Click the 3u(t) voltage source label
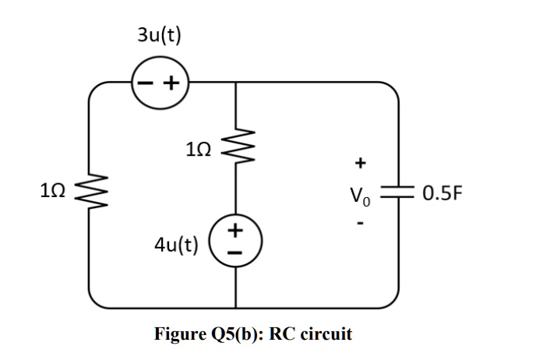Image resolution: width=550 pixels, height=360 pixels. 159,35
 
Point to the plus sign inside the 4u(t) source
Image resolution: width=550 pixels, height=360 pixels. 235,230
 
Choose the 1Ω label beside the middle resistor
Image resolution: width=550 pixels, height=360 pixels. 199,146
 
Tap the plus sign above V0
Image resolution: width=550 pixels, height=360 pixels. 359,163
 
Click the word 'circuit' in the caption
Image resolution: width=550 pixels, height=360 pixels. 323,334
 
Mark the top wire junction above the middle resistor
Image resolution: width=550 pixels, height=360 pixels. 235,81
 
